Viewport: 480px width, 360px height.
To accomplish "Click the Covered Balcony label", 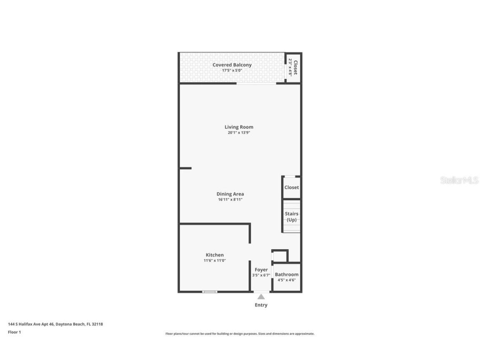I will (x=232, y=65).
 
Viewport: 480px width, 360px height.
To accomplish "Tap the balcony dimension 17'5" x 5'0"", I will (x=232, y=71).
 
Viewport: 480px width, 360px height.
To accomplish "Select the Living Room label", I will (x=239, y=127).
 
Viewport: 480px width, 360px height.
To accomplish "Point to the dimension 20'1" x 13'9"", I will (x=239, y=133).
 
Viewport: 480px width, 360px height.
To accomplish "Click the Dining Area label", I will (x=230, y=194).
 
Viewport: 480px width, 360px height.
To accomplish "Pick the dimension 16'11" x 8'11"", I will (x=230, y=200).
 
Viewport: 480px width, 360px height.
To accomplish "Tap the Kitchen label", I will (x=215, y=255).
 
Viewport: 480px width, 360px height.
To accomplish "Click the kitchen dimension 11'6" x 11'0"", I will (x=215, y=261).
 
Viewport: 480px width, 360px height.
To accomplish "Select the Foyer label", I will (x=261, y=270).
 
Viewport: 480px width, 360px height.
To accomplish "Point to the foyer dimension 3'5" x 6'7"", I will (x=261, y=275).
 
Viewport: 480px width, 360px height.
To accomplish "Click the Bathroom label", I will (x=287, y=275).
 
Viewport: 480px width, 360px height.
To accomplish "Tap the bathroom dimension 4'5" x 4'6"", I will (x=287, y=280).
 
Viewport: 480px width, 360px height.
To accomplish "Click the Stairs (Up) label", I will (x=292, y=217).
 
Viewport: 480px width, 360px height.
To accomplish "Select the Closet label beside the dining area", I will (x=292, y=187).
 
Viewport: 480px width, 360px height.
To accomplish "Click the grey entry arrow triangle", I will (x=261, y=297).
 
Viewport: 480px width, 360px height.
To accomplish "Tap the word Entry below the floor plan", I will (x=261, y=305).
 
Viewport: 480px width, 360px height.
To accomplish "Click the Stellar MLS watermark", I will (x=459, y=180).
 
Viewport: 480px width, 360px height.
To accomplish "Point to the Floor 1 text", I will (x=14, y=332).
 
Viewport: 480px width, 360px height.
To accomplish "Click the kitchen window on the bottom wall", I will (x=210, y=292).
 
